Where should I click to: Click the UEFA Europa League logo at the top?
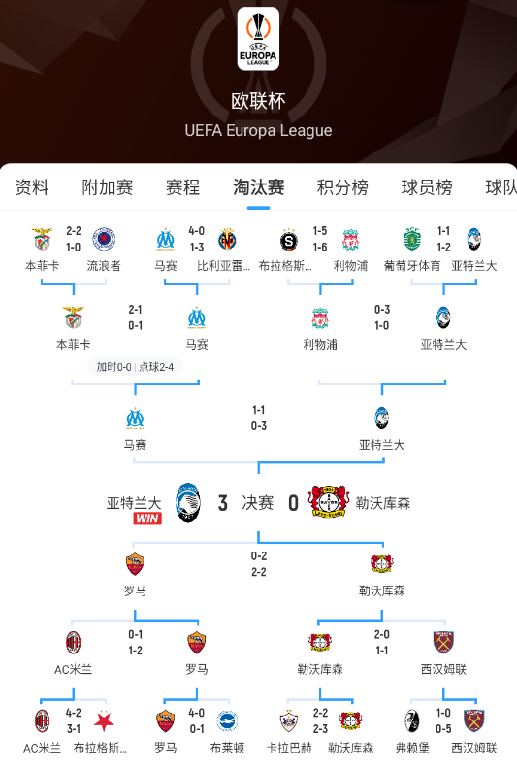[258, 39]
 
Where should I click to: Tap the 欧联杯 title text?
[258, 101]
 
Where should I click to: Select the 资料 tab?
[32, 187]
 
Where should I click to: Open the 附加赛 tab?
[108, 187]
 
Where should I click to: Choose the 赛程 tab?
[182, 187]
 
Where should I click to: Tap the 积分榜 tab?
[342, 187]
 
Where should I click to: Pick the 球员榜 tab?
[427, 187]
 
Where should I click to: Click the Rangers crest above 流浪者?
[103, 239]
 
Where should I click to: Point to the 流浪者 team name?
[104, 265]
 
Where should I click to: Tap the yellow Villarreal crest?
[228, 239]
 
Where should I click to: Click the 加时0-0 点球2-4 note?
[135, 367]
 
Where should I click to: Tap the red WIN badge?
[146, 519]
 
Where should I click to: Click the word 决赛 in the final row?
[258, 502]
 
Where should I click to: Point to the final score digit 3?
[223, 502]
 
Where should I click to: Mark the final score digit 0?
[293, 502]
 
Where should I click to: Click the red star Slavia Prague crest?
[104, 720]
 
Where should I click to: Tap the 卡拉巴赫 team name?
[287, 748]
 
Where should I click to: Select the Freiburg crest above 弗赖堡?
[412, 720]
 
